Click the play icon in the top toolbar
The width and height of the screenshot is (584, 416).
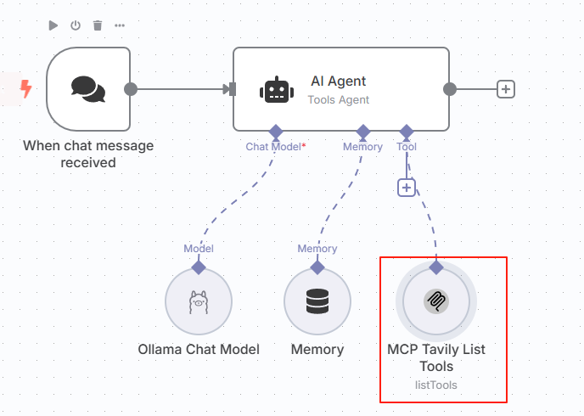[53, 25]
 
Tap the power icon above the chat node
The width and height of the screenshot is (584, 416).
[76, 25]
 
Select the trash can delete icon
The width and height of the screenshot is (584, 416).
[98, 25]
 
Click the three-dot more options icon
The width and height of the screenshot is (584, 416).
[120, 25]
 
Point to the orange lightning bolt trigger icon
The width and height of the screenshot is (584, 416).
[26, 88]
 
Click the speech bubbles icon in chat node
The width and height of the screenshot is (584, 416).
[88, 89]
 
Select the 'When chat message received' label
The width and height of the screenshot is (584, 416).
[88, 154]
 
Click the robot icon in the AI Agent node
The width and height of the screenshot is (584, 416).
[273, 89]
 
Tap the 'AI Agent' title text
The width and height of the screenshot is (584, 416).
[338, 82]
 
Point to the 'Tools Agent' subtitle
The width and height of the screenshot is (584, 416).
[338, 99]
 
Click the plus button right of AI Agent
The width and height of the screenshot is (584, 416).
[506, 88]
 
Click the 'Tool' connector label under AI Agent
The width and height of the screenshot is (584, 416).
[407, 147]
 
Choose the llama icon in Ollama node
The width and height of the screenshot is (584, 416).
[199, 301]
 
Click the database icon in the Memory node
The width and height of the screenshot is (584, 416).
[317, 301]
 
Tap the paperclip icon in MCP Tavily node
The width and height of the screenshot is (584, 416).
[436, 301]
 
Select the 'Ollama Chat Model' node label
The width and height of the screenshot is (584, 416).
[199, 349]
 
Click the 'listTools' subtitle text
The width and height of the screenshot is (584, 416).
[436, 385]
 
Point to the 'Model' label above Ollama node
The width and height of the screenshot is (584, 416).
[199, 249]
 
